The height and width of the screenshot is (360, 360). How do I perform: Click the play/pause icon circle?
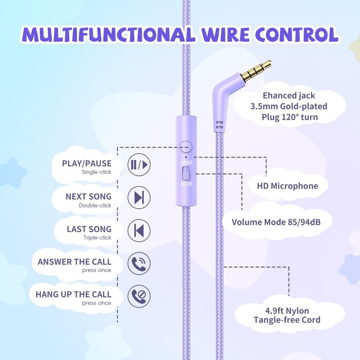139,165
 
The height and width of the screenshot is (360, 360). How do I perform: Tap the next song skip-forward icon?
139,198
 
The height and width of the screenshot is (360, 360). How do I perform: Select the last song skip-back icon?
139,230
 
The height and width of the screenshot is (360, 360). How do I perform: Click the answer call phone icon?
139,263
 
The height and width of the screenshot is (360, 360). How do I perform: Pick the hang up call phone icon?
139,296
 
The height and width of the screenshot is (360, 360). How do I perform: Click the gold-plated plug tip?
256,71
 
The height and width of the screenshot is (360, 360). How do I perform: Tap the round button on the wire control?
186,147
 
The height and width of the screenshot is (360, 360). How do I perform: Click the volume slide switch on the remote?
185,173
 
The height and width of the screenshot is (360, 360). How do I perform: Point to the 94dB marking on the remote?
186,162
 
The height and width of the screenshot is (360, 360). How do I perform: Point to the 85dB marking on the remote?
186,184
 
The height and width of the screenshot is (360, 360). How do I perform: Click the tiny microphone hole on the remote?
186,157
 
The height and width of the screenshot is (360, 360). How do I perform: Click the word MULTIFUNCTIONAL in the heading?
109,35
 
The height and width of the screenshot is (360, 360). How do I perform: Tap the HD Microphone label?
288,186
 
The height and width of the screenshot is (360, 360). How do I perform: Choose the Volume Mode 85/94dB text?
276,222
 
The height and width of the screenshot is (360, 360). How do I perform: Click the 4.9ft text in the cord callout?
274,310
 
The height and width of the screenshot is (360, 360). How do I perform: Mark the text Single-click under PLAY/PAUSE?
96,172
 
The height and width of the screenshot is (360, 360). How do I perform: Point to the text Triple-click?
97,238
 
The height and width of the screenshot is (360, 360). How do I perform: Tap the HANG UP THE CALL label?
73,294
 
